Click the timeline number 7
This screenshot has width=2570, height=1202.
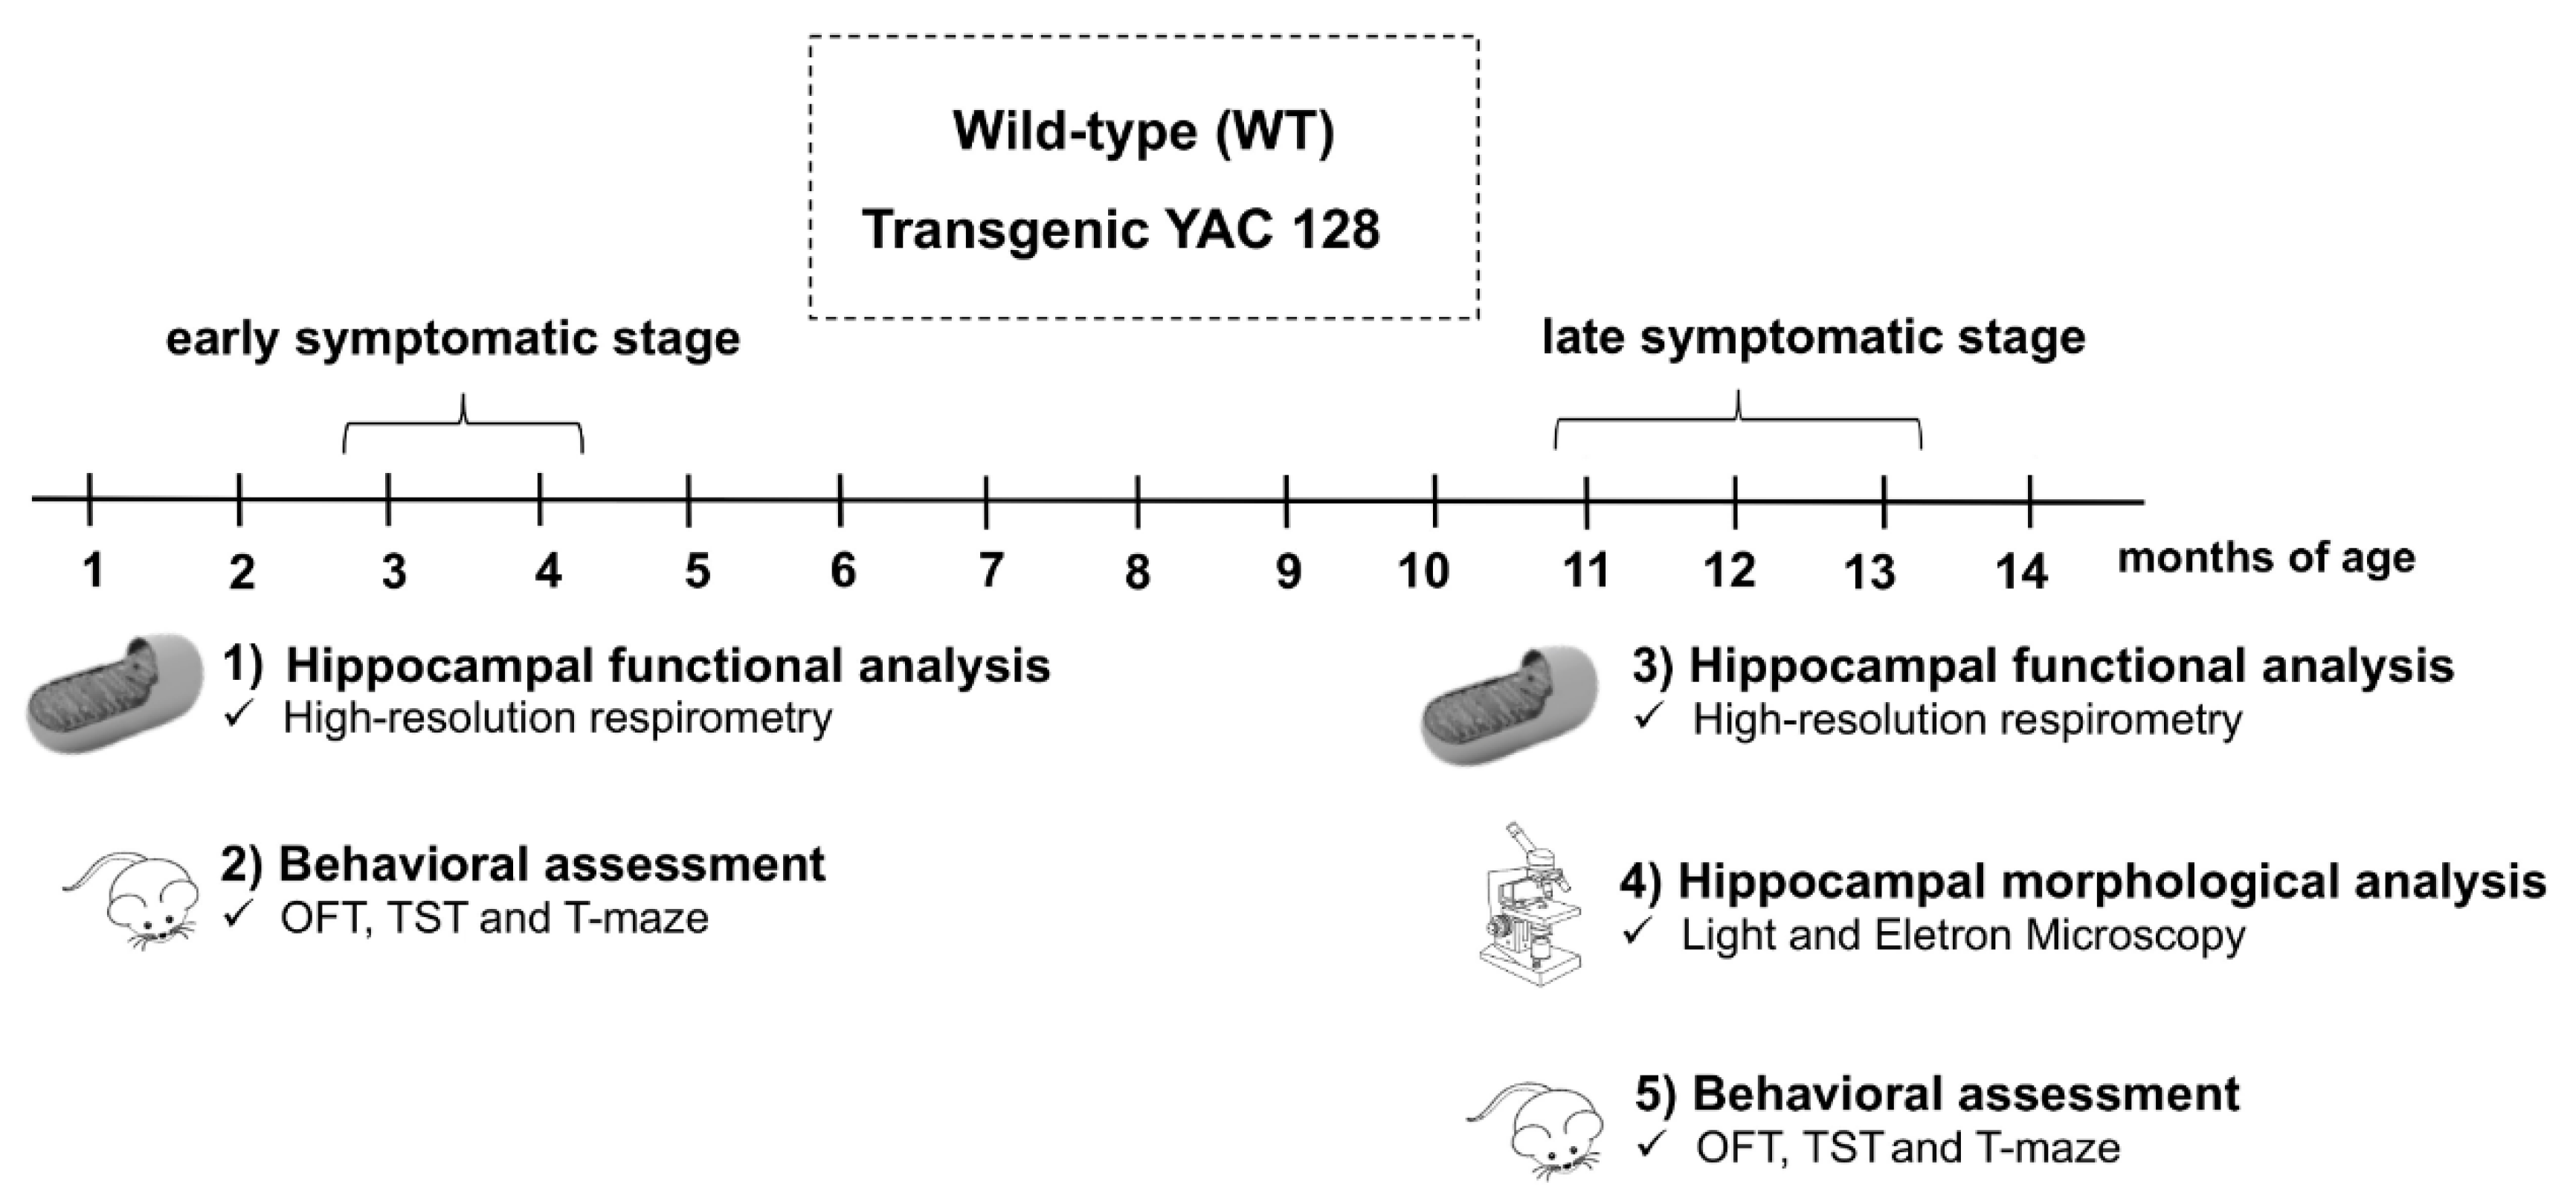tap(990, 571)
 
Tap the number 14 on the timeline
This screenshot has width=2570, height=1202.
tap(2021, 571)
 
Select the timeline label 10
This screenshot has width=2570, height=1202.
tap(1423, 571)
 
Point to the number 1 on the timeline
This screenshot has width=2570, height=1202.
tap(93, 571)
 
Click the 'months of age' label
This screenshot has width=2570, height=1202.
tap(2267, 558)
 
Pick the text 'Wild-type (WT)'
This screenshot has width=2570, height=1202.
tap(1143, 131)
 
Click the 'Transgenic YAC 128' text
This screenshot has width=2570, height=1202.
tap(1121, 229)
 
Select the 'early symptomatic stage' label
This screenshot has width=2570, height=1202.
tap(453, 338)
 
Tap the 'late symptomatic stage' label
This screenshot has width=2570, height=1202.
tap(1814, 336)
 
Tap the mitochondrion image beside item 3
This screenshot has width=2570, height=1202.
tap(1509, 704)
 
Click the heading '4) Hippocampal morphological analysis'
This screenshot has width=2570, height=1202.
tap(2083, 882)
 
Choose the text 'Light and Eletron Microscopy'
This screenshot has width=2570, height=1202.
tap(1963, 935)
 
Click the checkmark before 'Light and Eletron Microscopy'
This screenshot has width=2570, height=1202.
tap(1637, 932)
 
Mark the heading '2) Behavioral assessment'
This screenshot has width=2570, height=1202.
tap(523, 864)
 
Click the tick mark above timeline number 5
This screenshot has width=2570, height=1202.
tap(689, 500)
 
